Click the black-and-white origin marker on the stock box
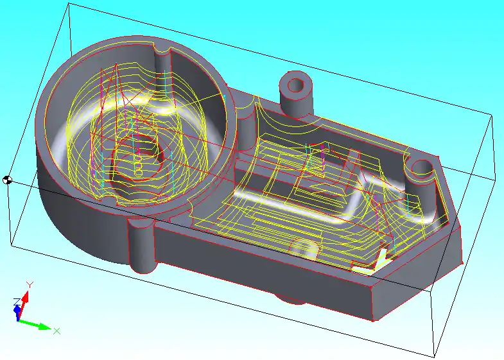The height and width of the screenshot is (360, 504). [x=7, y=180]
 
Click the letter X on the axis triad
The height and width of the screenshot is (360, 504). [x=56, y=330]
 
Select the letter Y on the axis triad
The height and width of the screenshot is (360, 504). [x=30, y=284]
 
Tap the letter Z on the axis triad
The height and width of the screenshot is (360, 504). [x=17, y=302]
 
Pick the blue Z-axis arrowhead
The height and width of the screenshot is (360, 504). [x=17, y=310]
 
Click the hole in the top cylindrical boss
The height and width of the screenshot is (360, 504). [x=296, y=85]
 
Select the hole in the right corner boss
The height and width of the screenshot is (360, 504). [x=422, y=167]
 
